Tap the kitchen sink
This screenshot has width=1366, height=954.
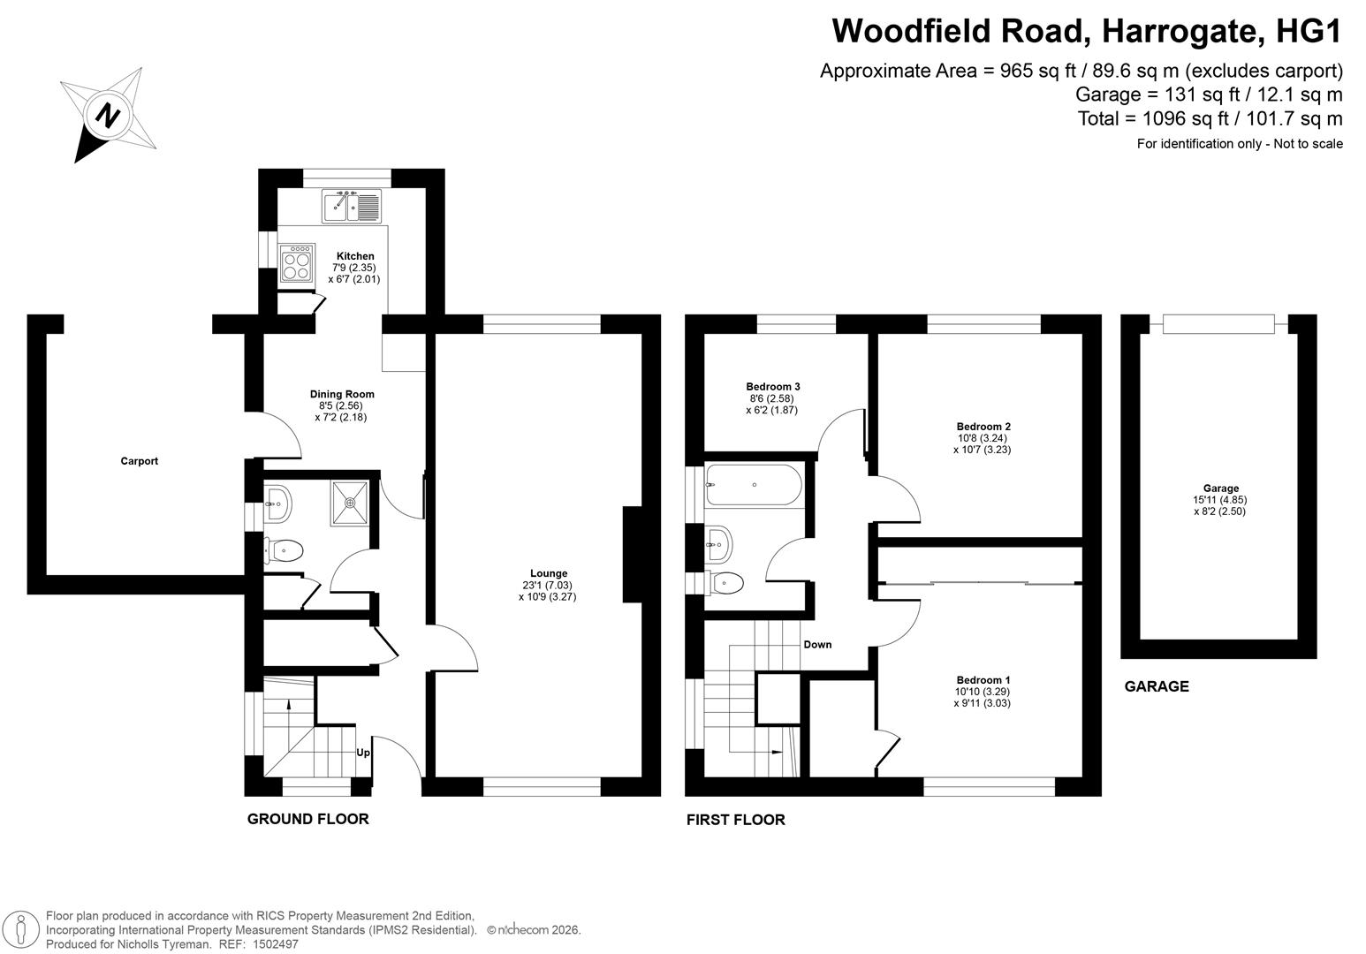(x=352, y=206)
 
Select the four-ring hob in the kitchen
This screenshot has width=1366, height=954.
(x=297, y=263)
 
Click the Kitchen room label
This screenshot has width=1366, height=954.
(x=355, y=256)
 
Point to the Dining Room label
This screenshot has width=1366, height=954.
(x=342, y=394)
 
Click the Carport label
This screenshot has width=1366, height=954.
(x=139, y=461)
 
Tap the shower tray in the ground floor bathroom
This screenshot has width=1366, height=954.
(x=350, y=503)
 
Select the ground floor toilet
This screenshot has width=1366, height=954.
(x=284, y=551)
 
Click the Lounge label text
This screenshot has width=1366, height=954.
(x=549, y=573)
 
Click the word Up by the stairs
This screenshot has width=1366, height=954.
(x=363, y=753)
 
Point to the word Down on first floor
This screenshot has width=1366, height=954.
(x=817, y=644)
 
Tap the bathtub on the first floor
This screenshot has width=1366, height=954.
(x=754, y=485)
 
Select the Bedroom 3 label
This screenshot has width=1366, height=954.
(x=772, y=387)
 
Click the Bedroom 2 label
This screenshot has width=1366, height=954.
(x=983, y=427)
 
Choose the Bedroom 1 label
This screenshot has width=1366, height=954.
(x=983, y=679)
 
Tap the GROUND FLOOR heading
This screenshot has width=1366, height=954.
(x=308, y=819)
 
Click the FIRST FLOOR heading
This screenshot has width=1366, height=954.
(x=735, y=820)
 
